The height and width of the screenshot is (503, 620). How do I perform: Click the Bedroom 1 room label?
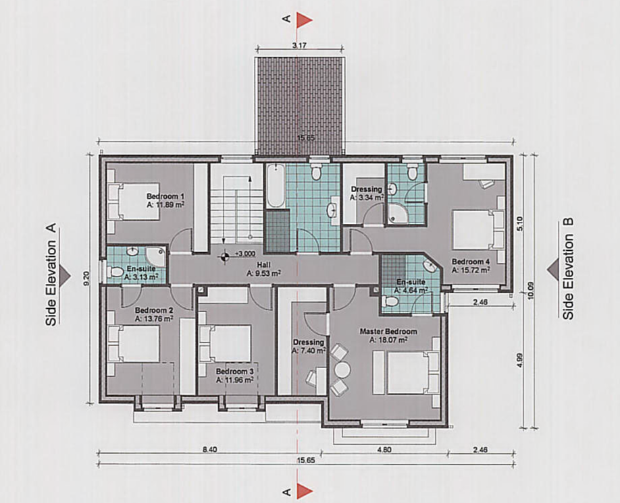[165, 196]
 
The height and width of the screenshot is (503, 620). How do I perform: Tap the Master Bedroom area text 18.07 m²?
[388, 340]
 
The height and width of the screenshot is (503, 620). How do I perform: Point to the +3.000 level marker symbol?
[225, 256]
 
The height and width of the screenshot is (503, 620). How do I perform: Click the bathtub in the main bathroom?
[275, 185]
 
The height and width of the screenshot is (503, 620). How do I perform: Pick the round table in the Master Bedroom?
[342, 370]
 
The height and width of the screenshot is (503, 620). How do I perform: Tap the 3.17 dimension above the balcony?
[299, 45]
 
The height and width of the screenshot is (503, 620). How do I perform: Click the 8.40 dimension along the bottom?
[209, 449]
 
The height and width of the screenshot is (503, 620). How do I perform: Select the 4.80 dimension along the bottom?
[383, 449]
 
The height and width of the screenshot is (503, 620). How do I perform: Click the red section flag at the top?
[304, 19]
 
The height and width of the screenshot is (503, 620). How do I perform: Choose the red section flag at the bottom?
[304, 491]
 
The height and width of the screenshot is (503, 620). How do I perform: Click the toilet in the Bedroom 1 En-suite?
[115, 272]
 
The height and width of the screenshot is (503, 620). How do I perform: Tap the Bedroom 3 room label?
[234, 372]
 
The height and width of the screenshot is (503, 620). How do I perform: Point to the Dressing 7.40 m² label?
[309, 347]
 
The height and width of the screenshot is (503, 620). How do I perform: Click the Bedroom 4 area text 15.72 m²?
[471, 270]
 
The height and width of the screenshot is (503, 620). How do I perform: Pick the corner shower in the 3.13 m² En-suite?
[156, 256]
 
